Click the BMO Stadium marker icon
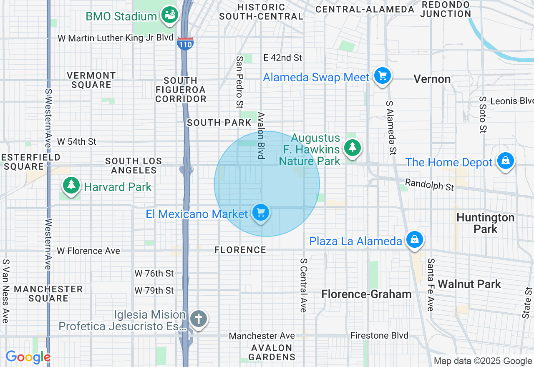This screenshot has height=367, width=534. click(x=170, y=15)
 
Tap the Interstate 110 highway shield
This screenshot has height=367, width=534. click(x=184, y=43)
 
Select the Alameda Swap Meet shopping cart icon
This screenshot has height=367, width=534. click(x=382, y=76)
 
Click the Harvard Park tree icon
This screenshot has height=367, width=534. click(x=71, y=186)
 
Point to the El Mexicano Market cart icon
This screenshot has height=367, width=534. click(x=261, y=213)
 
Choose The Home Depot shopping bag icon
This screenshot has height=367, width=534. click(x=505, y=161)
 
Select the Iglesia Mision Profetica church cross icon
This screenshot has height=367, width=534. click(x=198, y=319)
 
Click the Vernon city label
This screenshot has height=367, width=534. click(x=432, y=79)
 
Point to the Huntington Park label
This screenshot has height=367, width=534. click(x=485, y=223)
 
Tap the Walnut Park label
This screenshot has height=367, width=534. click(x=469, y=284)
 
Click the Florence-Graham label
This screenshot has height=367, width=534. click(x=366, y=294)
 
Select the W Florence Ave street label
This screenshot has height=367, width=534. click(x=88, y=251)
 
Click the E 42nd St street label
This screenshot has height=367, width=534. click(x=282, y=58)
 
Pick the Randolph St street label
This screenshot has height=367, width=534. click(x=429, y=185)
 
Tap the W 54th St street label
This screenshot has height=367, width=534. click(x=77, y=142)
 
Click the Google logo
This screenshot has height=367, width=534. click(x=28, y=357)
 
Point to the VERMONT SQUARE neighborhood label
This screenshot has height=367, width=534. click(x=91, y=80)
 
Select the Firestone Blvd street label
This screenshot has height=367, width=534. click(x=379, y=335)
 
